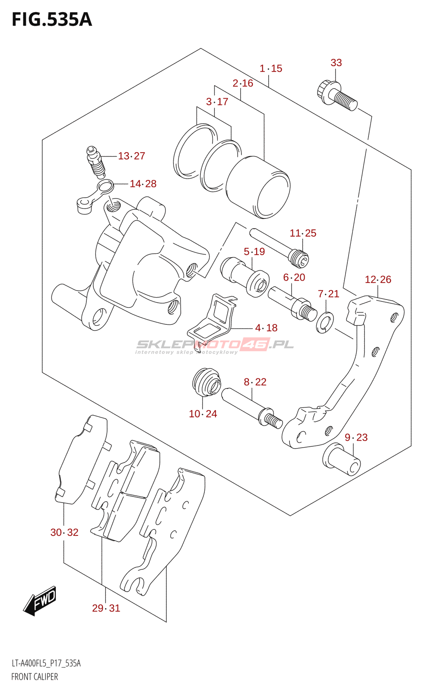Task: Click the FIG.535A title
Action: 52,20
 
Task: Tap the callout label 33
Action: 336,63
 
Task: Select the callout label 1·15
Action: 271,68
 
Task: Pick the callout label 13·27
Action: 131,156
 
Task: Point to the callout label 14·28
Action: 143,184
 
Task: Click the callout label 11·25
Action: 303,233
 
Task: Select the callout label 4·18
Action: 266,328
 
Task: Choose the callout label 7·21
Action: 328,294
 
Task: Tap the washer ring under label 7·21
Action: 325,322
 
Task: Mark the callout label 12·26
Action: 378,279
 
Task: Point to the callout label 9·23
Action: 356,437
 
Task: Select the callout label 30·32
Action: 64,532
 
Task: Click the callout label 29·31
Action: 106,608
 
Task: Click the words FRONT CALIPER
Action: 35,677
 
